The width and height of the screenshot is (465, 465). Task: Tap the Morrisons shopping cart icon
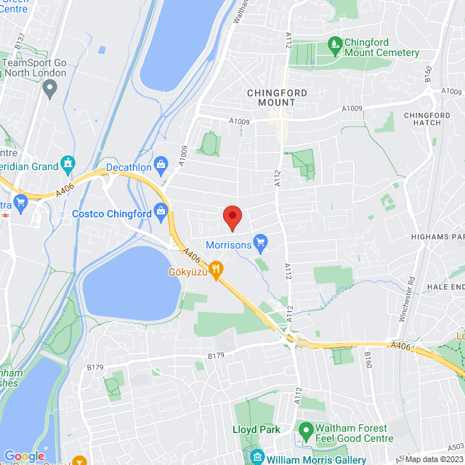(x=260, y=241)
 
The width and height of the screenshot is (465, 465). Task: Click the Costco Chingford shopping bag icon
(x=161, y=212)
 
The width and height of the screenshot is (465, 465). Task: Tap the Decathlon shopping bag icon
(x=161, y=163)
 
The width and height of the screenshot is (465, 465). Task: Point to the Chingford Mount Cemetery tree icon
(x=335, y=44)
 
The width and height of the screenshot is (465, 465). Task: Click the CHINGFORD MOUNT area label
(x=272, y=97)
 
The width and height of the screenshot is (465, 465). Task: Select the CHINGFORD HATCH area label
(x=427, y=119)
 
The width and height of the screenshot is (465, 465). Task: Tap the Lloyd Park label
(x=256, y=429)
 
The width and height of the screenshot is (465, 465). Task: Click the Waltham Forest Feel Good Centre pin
(x=306, y=432)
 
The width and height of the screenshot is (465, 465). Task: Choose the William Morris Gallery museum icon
(x=256, y=458)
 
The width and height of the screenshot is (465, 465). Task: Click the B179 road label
(x=216, y=356)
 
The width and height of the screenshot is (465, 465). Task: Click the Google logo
(x=24, y=456)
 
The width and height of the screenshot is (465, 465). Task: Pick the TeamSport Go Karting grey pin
(x=49, y=89)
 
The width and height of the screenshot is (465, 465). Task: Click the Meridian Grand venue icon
(x=68, y=163)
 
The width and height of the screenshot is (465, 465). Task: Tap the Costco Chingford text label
(x=111, y=214)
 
